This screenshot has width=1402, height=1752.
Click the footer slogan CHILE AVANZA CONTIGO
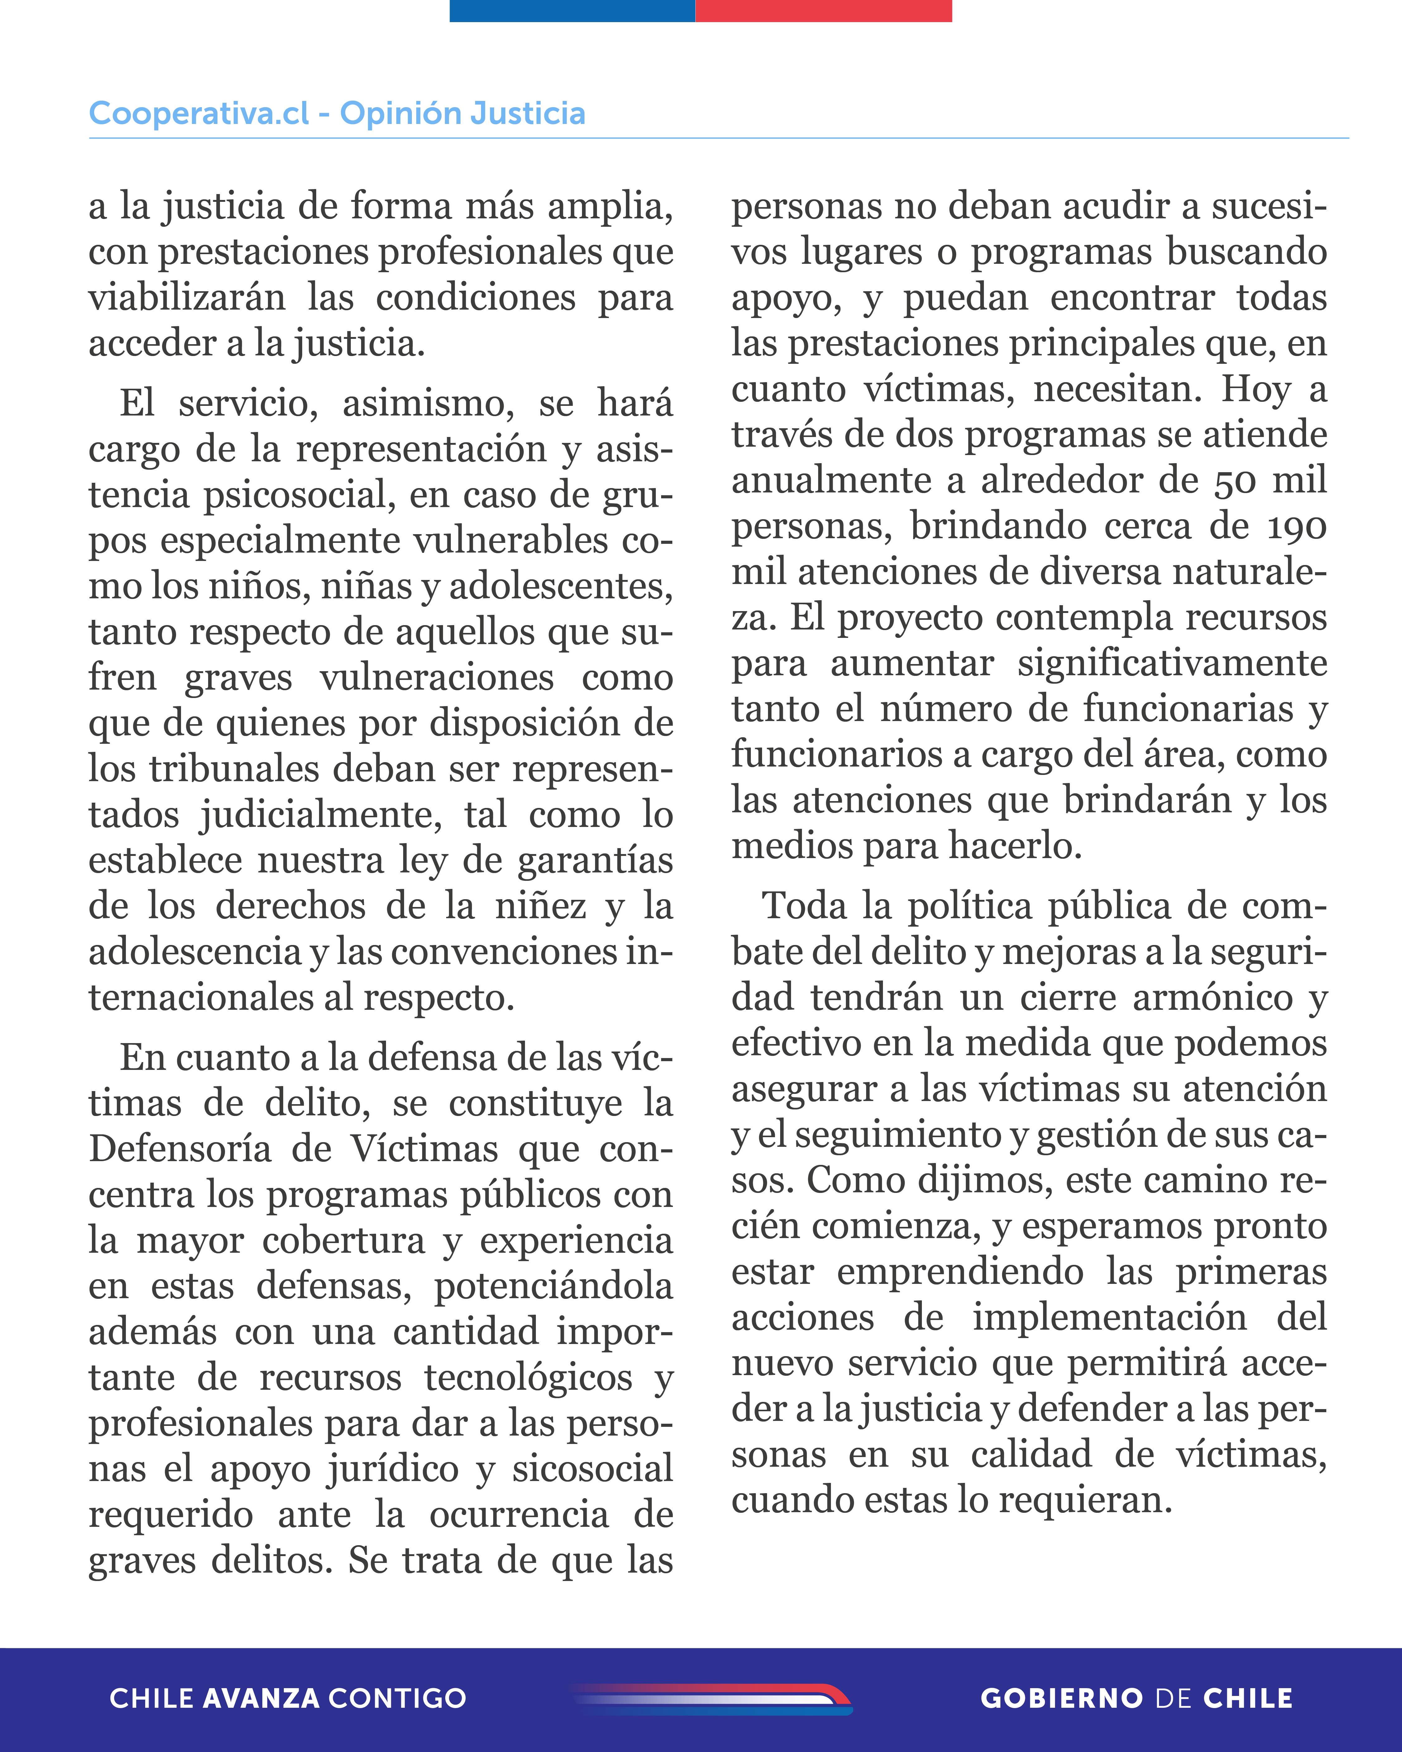coord(288,1698)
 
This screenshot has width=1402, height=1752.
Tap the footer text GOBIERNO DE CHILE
coord(1136,1698)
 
